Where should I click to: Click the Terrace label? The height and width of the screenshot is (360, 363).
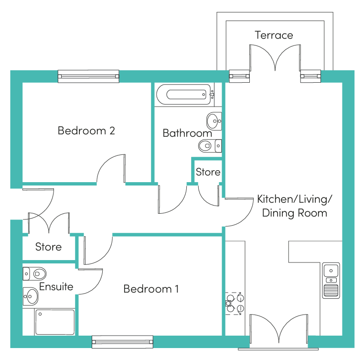(274, 35)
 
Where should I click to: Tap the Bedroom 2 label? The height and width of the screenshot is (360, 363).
(86, 131)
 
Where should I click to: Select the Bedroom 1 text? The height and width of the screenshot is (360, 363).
(151, 289)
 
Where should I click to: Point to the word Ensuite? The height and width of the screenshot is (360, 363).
(56, 286)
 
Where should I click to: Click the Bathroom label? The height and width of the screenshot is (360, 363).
(187, 133)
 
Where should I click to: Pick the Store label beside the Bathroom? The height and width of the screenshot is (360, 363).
(208, 172)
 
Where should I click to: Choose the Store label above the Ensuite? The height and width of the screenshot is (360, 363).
(48, 247)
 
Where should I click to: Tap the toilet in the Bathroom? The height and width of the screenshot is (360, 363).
(210, 146)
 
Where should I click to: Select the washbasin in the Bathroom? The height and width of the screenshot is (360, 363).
(214, 121)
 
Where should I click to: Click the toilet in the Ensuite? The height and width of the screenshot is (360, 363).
(34, 274)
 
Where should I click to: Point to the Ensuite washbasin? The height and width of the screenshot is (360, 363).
(30, 296)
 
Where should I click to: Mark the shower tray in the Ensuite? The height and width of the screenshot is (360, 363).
(55, 322)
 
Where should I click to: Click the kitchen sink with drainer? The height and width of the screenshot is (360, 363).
(331, 281)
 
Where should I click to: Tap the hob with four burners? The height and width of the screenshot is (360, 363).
(235, 303)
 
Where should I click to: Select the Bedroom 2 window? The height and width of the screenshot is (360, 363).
(88, 76)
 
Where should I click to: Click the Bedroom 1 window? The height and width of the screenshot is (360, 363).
(122, 342)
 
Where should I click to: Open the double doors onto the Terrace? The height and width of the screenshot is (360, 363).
(275, 58)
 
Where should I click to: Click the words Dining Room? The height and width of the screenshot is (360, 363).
(295, 213)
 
